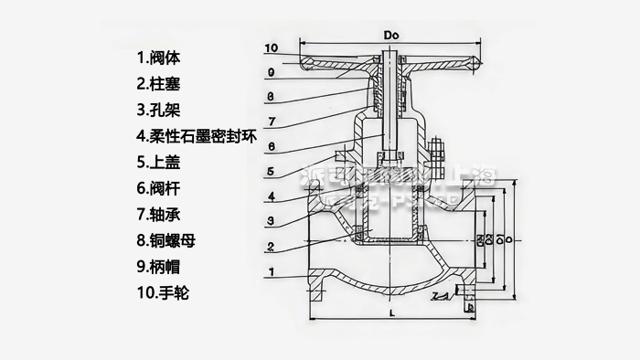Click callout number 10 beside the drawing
271,48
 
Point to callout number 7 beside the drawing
272,121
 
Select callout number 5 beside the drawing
271,171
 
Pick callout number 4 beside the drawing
271,196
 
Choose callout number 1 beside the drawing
271,272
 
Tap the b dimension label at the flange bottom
469,308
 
